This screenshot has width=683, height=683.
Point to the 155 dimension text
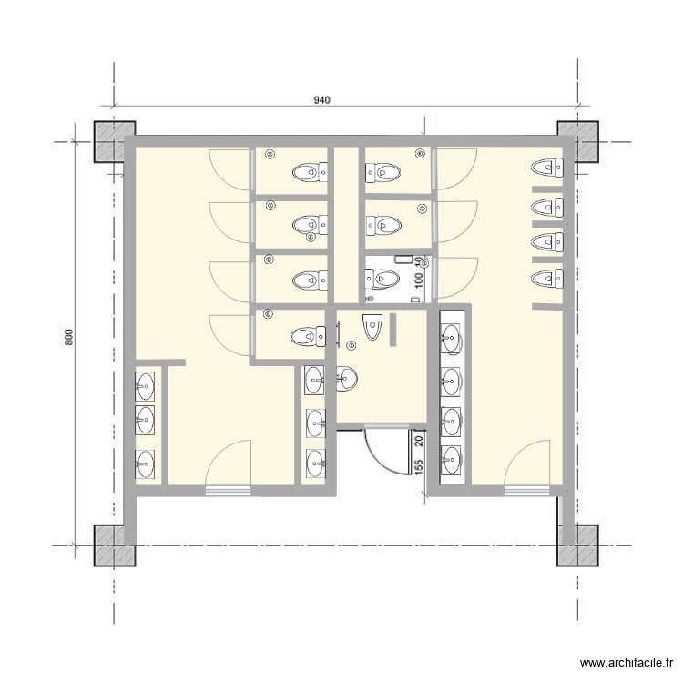click(x=418, y=465)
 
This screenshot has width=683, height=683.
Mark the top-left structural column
click(x=115, y=141)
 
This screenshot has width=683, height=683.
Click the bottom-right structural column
click(x=577, y=545)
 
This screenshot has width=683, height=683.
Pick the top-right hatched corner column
click(x=577, y=141)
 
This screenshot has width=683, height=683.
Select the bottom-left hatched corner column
click(x=115, y=545)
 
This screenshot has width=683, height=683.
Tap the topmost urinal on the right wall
click(x=547, y=167)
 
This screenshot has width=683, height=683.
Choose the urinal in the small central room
click(x=372, y=325)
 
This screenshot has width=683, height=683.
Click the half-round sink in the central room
click(x=345, y=378)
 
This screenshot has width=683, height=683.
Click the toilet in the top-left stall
click(x=310, y=170)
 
